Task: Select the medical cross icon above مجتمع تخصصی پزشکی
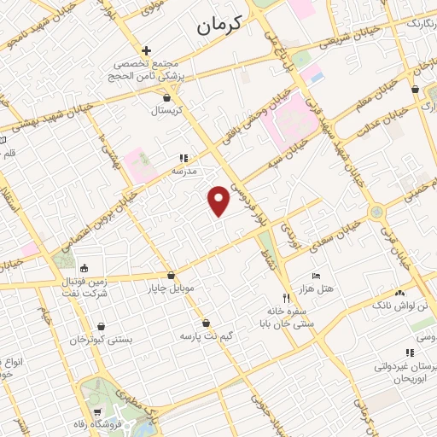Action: point(147,50)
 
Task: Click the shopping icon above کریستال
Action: point(166,98)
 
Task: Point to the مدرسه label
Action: point(184,170)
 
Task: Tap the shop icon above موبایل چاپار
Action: point(172,276)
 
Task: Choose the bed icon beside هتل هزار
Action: point(316,277)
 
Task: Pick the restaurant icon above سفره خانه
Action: point(288,298)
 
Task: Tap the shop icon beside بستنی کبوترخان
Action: point(102,326)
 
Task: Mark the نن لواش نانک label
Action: point(400,305)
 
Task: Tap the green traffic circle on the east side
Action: point(376,212)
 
